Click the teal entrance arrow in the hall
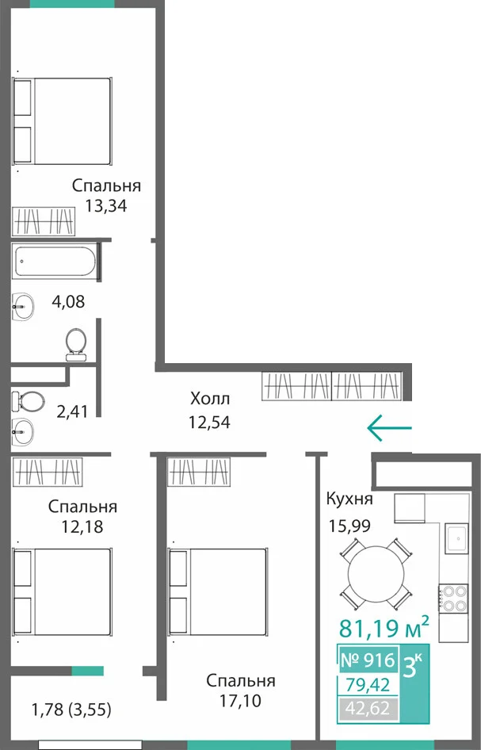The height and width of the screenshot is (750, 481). point(389,427)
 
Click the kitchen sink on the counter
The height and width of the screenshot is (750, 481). point(457,538)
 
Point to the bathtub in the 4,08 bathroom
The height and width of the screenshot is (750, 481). point(55,261)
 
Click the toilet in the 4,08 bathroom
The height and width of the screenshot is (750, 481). point(75,344)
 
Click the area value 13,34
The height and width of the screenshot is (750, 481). point(106,205)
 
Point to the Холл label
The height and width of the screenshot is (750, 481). point(210,398)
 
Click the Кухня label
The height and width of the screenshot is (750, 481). point(349,499)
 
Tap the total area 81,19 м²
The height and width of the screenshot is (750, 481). point(384,628)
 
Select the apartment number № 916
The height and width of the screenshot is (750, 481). point(368,660)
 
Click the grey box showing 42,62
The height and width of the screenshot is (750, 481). point(368,707)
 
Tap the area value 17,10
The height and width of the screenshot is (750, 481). point(241,701)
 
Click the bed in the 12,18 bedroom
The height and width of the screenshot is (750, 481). point(62,592)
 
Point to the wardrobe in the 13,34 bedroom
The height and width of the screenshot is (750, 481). point(44,221)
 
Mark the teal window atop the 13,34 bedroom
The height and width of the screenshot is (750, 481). point(72,4)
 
